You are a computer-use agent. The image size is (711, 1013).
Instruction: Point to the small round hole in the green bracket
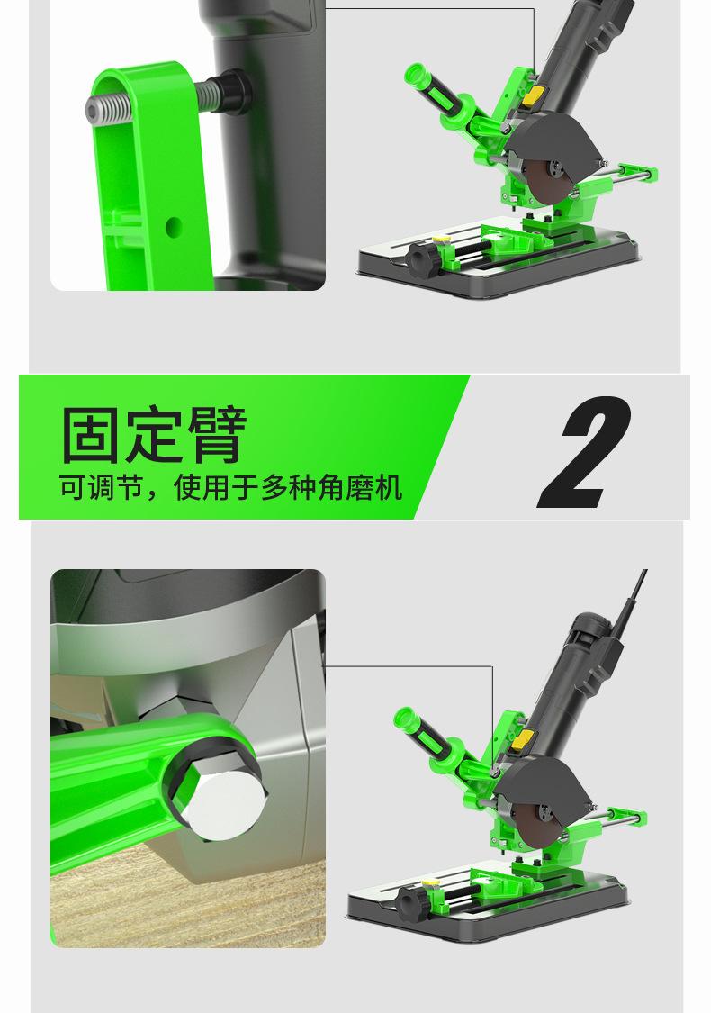pos(173,226)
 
